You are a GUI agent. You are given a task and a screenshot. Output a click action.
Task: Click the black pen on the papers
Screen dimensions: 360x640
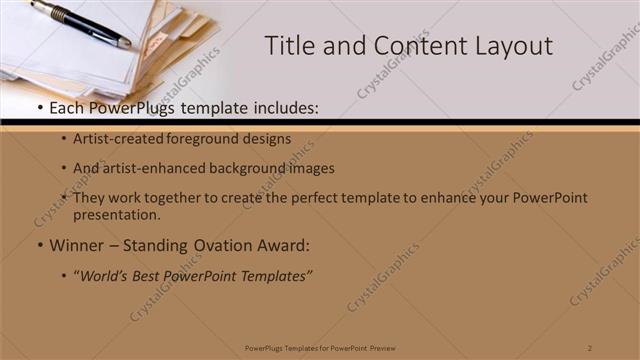[x=80, y=23]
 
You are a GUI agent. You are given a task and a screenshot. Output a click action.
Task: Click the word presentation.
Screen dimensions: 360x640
[x=116, y=214]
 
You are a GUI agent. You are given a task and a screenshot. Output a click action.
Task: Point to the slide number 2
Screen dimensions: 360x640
[x=591, y=347]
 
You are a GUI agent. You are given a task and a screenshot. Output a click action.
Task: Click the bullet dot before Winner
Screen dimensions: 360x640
[x=39, y=246]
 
